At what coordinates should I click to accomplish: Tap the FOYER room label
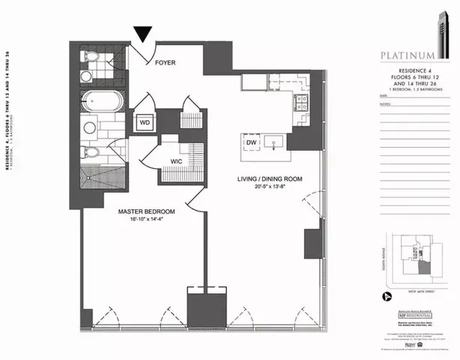(165, 63)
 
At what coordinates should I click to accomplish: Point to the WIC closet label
(177, 160)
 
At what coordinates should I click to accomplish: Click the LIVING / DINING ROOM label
(262, 178)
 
